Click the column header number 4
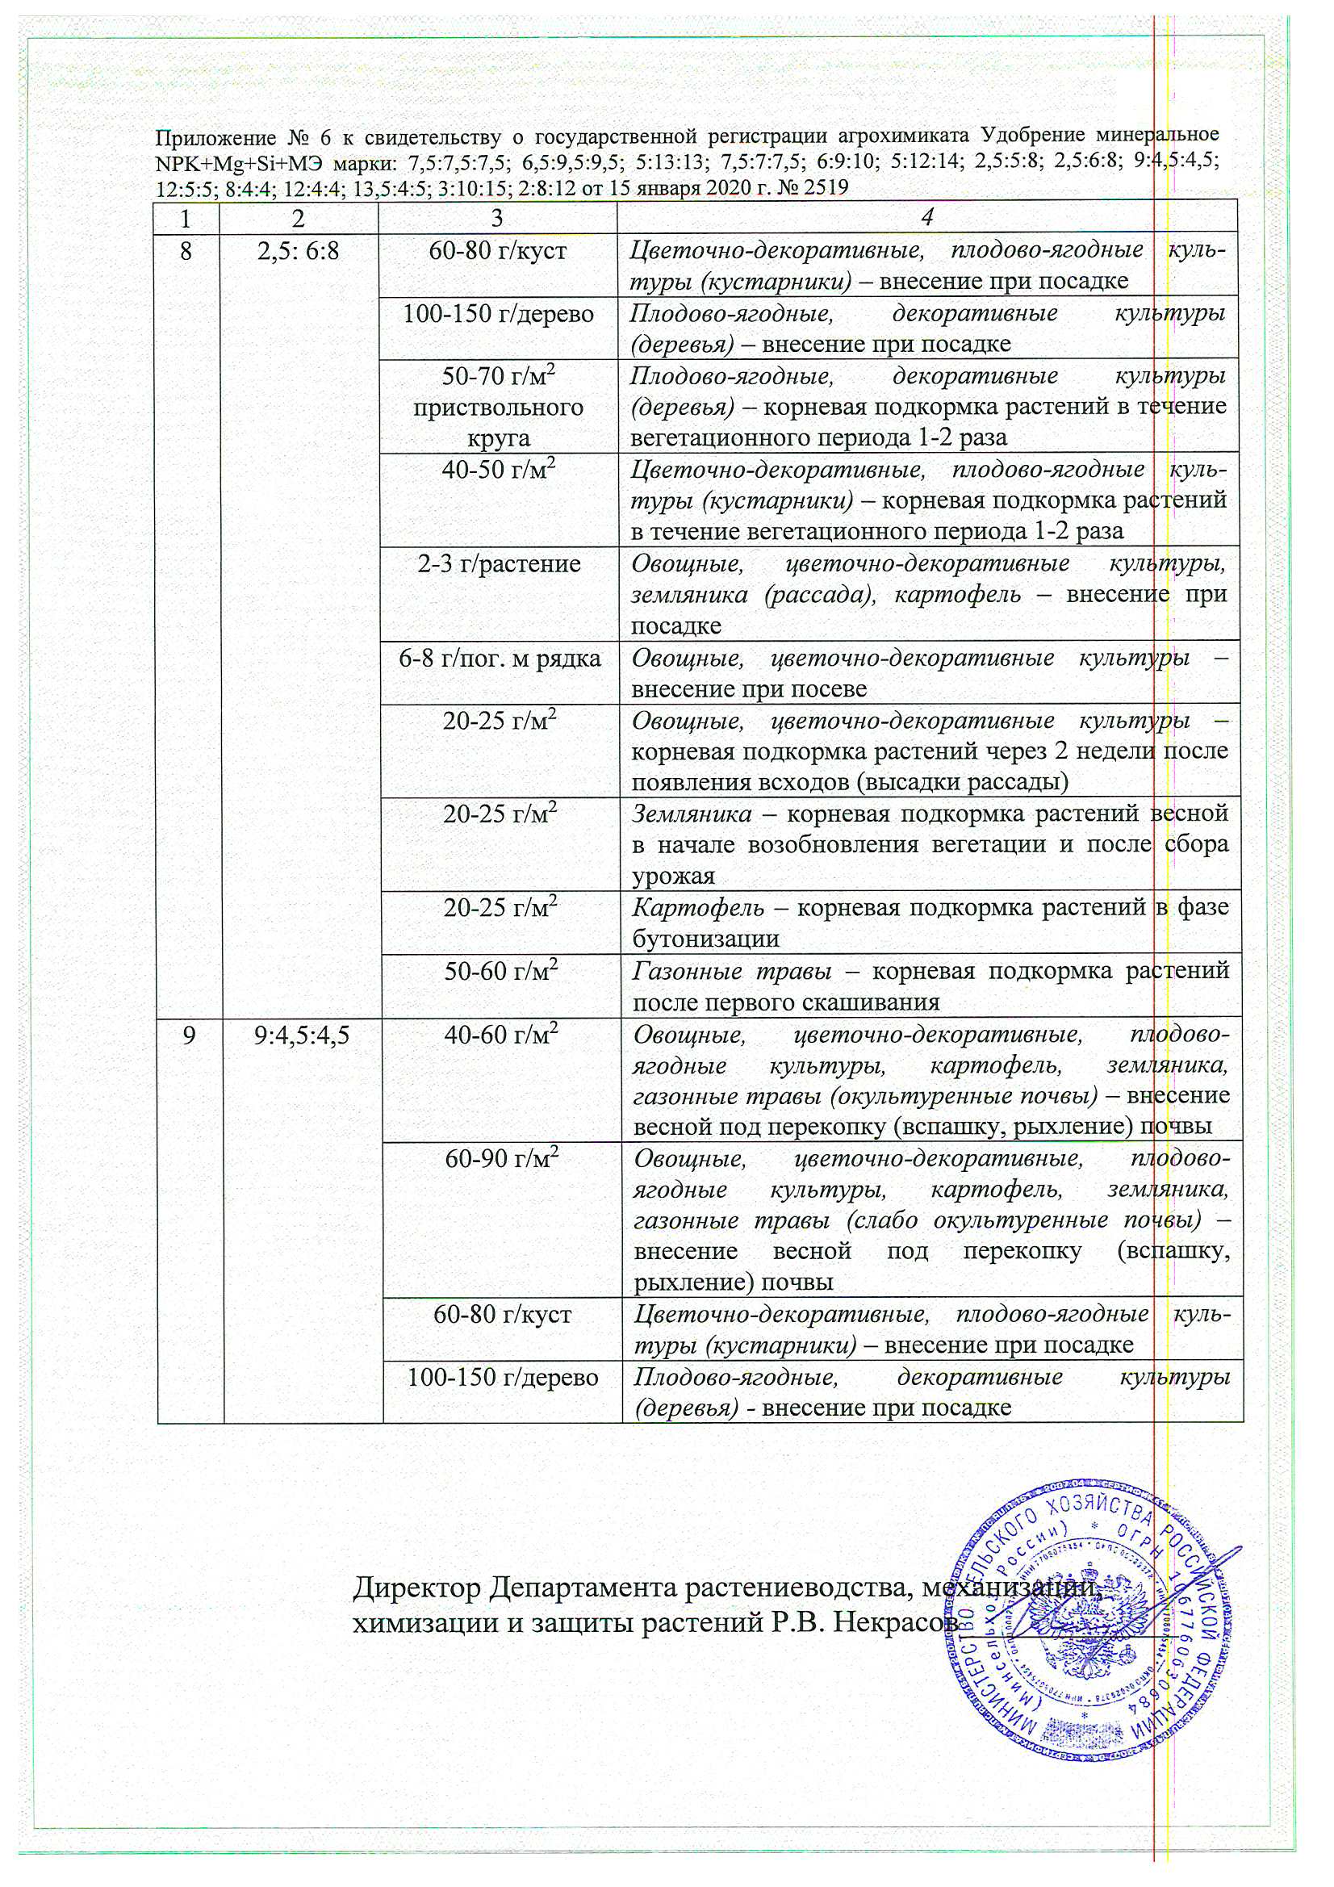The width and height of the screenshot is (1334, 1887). pyautogui.click(x=926, y=218)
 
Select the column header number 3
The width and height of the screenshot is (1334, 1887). pyautogui.click(x=497, y=218)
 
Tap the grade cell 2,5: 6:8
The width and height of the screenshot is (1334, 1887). pyautogui.click(x=298, y=250)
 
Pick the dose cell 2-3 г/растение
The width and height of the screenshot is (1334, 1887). pyautogui.click(x=499, y=564)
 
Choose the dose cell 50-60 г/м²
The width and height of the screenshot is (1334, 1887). pyautogui.click(x=500, y=972)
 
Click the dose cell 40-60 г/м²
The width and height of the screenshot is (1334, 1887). pyautogui.click(x=500, y=1035)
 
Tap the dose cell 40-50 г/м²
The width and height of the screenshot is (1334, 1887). pyautogui.click(x=499, y=470)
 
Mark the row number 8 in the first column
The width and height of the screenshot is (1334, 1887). pyautogui.click(x=186, y=250)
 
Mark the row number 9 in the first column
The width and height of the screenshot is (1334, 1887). pyautogui.click(x=189, y=1035)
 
